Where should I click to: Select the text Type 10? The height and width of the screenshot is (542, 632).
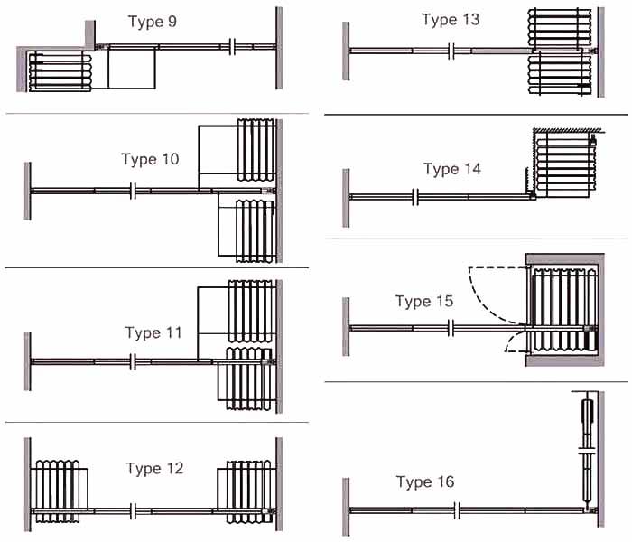tap(150, 160)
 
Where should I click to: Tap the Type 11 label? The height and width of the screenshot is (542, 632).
tap(153, 333)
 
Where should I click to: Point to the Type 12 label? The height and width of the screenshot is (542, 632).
tap(154, 469)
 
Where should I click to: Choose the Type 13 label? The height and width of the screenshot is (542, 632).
tap(451, 20)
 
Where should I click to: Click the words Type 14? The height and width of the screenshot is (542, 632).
tap(452, 169)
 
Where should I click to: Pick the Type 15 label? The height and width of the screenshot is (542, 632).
tap(424, 301)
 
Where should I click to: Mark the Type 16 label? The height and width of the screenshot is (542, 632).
tap(426, 482)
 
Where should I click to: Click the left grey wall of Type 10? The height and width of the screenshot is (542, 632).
tap(28, 191)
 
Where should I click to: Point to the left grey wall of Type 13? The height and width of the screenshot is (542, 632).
tap(346, 51)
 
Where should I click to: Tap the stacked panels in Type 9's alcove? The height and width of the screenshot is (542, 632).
tap(60, 72)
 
